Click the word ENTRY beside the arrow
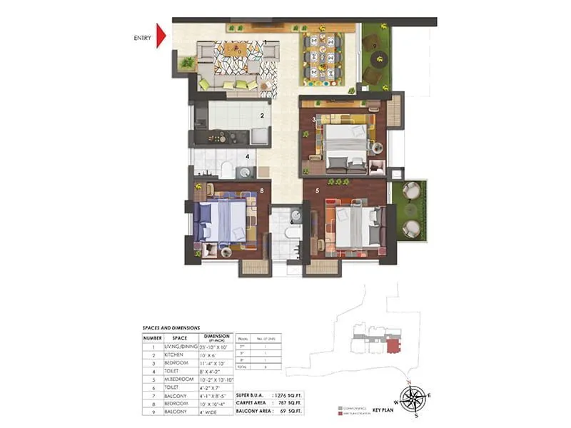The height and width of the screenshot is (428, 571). pyautogui.click(x=143, y=38)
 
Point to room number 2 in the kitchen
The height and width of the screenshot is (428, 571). pyautogui.click(x=262, y=115)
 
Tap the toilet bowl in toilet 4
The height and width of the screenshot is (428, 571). pyautogui.click(x=226, y=169)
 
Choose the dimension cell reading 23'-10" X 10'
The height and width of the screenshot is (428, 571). pyautogui.click(x=216, y=346)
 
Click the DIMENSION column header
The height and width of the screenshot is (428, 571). pyautogui.click(x=216, y=337)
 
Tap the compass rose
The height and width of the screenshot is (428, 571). pyautogui.click(x=412, y=397)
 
